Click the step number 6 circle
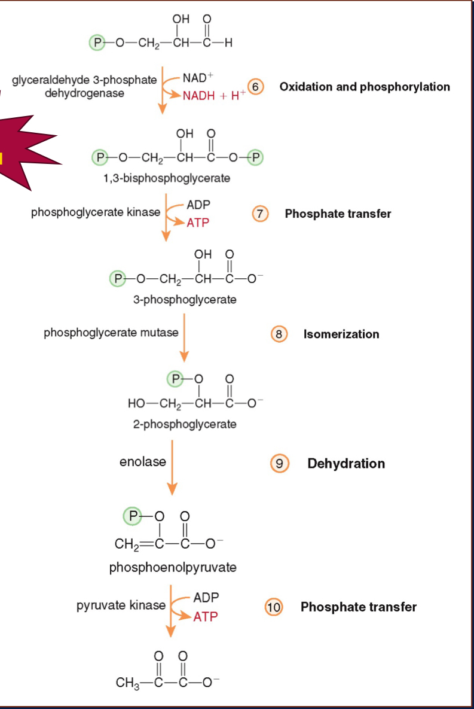[x=256, y=87]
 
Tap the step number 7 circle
[x=260, y=214]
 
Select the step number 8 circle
[x=279, y=334]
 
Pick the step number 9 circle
[x=279, y=463]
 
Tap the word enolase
[x=142, y=462]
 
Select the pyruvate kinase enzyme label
[x=121, y=605]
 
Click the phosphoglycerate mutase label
[x=111, y=333]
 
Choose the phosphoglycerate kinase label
[x=96, y=212]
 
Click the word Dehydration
[x=346, y=464]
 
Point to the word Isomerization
[x=341, y=334]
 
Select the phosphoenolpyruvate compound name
[x=173, y=567]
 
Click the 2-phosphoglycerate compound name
[x=185, y=424]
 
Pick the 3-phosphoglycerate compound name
[x=185, y=300]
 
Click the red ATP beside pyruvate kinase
[x=206, y=616]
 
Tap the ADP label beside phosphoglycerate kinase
[x=198, y=205]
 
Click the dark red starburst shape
[x=27, y=153]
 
